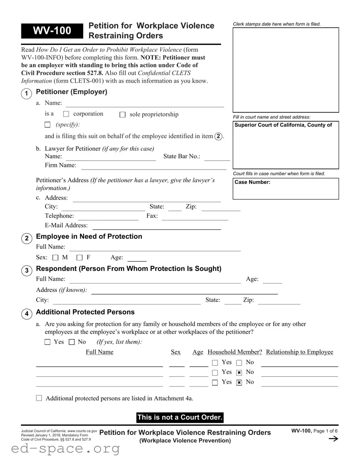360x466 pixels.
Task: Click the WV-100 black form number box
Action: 52,31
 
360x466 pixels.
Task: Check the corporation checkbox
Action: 67,114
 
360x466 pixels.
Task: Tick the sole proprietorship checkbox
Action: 123,115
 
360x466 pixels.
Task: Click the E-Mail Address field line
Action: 157,226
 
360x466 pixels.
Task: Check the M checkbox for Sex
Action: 55,258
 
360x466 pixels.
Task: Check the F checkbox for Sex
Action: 80,258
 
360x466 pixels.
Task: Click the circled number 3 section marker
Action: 26,271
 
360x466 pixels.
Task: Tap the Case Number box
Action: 286,189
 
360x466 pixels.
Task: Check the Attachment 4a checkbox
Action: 39,398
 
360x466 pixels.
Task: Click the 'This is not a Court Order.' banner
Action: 180,417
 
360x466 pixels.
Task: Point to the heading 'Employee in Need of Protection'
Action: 89,237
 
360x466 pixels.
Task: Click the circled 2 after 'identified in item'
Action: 218,136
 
